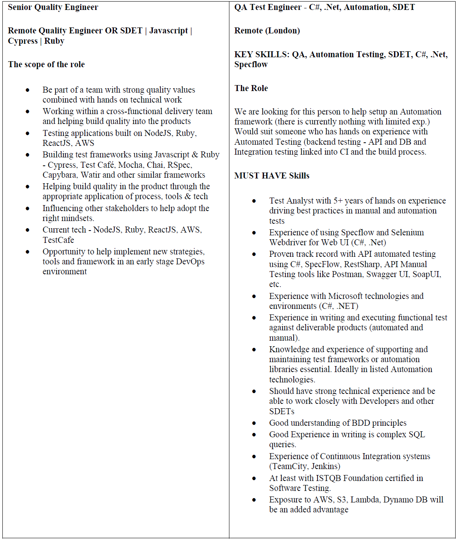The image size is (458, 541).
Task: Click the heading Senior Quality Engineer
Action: [53, 7]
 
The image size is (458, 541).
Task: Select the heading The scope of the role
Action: [46, 64]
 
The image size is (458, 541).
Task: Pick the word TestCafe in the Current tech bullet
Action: [58, 240]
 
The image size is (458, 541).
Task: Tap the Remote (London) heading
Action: [267, 31]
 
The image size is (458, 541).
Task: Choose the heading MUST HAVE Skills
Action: [272, 176]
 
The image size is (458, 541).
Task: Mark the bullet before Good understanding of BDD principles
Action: [254, 423]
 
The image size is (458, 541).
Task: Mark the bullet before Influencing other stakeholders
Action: [27, 209]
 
